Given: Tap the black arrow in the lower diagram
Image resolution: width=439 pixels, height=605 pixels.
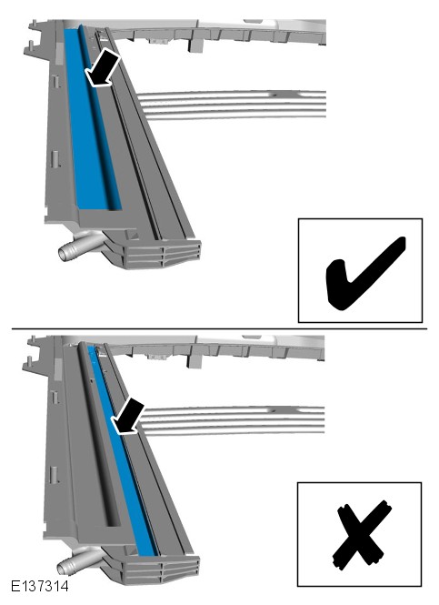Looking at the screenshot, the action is pos(127,417).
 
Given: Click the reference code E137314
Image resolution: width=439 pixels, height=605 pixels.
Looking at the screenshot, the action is pos(40,586).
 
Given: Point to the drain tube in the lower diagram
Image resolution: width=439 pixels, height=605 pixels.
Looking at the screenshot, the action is pos(77,562).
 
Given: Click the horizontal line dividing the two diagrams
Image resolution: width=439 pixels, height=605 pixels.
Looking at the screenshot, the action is pos(219,329).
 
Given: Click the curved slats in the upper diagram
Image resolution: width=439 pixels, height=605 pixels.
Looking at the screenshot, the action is pos(231,105).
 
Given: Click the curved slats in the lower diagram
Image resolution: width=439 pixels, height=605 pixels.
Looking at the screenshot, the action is pos(231,419).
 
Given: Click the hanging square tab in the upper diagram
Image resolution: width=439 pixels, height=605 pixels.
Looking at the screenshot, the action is pos(195,45).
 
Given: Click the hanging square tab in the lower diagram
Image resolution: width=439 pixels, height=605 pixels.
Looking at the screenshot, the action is pos(195,360).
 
